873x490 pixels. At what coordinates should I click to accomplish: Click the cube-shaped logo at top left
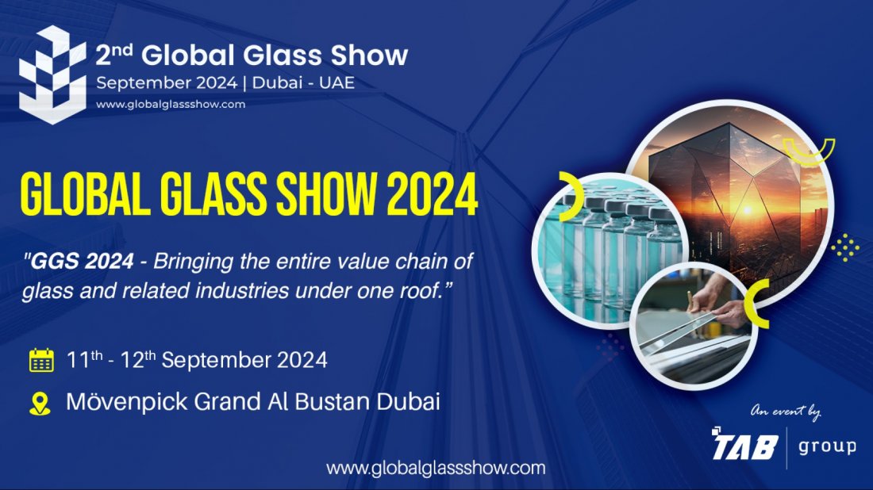(x=52, y=75)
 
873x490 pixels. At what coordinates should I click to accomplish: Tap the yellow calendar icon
(x=41, y=360)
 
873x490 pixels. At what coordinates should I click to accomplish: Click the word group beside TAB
(x=827, y=446)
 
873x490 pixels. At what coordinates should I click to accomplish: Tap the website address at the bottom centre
(x=436, y=468)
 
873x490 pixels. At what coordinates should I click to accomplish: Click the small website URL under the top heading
(x=171, y=104)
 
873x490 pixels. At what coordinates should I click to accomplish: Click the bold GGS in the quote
(x=52, y=259)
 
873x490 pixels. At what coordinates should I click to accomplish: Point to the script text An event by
(x=786, y=412)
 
